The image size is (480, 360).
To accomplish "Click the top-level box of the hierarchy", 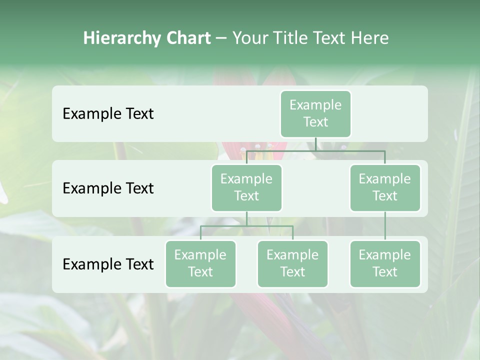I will pos(315,113).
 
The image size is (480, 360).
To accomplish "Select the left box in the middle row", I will pos(246,187).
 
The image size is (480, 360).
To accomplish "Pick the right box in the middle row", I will pos(384,187).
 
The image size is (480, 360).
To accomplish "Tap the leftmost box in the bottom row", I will pos(200,263).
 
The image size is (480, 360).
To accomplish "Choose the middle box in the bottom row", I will pos(292,263).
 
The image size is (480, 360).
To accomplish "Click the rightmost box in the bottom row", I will pos(384,263).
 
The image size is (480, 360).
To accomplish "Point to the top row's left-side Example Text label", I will pos(108,114).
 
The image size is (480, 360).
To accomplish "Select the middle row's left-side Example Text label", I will pos(108,188).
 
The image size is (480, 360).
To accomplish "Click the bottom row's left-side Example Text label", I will pos(108,264).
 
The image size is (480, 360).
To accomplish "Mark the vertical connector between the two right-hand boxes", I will pos(385,226).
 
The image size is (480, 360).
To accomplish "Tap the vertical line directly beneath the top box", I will pos(315,144).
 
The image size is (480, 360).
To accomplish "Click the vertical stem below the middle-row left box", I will pos(246,218).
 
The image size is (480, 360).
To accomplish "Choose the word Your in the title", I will pos(249,38).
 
